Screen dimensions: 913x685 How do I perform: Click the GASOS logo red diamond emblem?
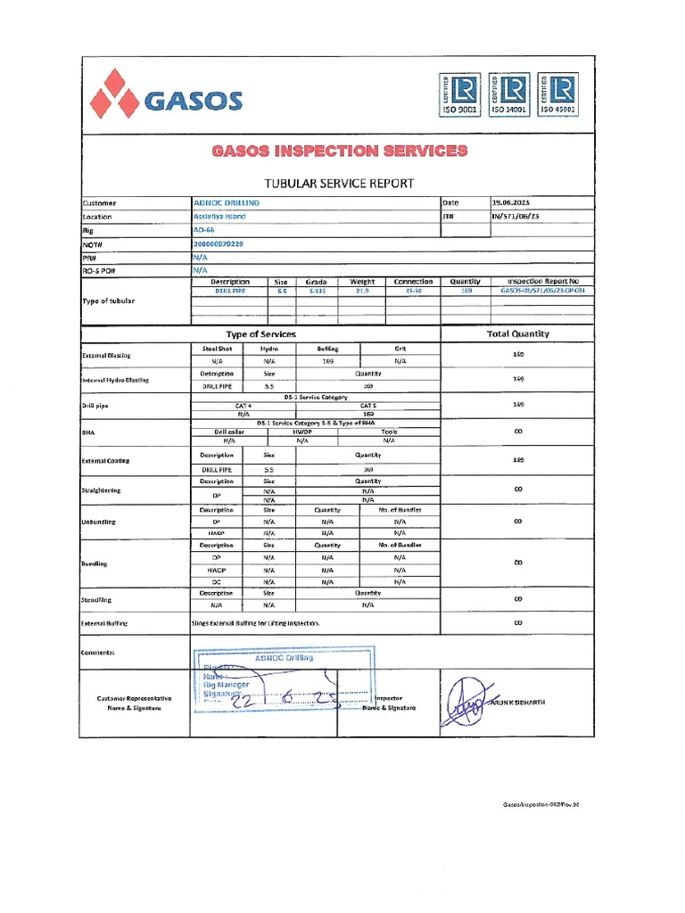tap(112, 94)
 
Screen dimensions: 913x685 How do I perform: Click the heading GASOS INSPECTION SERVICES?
tap(339, 151)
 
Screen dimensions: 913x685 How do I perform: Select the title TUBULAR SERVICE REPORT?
tap(339, 183)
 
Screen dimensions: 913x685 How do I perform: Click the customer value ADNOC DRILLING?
tap(227, 203)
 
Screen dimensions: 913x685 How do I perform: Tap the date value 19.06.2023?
tap(516, 203)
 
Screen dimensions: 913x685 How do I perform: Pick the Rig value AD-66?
tap(205, 229)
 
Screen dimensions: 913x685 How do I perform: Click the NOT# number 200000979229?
tap(218, 243)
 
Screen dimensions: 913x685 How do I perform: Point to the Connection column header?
tap(413, 281)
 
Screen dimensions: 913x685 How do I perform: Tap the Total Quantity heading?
tap(518, 333)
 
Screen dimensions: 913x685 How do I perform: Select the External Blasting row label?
tap(106, 356)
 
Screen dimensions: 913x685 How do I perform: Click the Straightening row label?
tap(102, 490)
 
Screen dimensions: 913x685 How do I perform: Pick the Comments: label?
tap(98, 653)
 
